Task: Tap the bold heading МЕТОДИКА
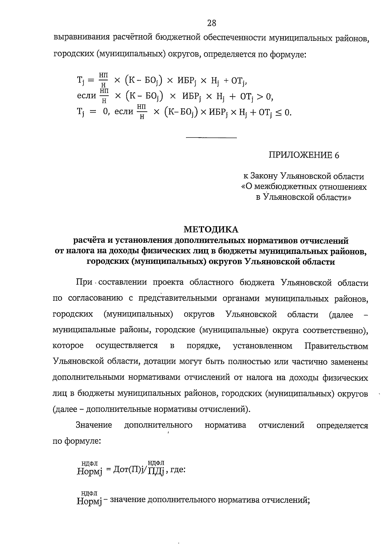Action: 211,230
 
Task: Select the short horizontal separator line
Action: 211,139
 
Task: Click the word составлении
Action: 123,283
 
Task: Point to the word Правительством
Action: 336,346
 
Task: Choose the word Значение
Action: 94,425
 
